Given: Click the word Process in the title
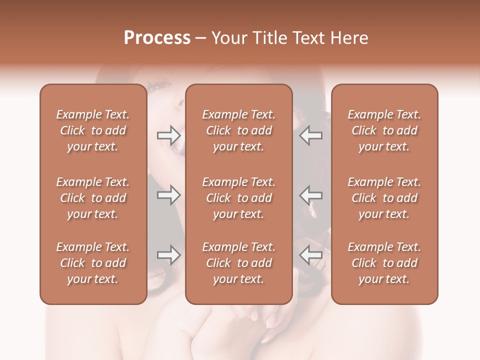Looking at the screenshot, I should tap(157, 37).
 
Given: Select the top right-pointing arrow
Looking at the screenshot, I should tap(169, 135).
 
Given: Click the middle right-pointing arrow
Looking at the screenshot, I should tap(169, 195).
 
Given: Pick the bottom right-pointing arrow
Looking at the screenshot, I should tap(169, 255).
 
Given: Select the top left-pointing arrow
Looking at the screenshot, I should tap(310, 135).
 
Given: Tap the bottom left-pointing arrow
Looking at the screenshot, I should tap(310, 254).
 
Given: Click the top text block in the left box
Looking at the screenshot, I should tap(93, 130).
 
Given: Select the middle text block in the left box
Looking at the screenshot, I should tap(93, 198).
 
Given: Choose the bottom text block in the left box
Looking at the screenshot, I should tap(93, 263).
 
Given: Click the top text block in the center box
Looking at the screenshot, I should tap(238, 130).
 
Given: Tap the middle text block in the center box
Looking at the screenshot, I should tap(238, 198).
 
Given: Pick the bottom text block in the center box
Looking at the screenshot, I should tap(238, 263).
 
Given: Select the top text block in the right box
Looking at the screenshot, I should tap(384, 130).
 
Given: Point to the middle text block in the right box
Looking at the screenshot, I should tap(384, 198).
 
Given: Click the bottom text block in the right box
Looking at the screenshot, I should tap(384, 263).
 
